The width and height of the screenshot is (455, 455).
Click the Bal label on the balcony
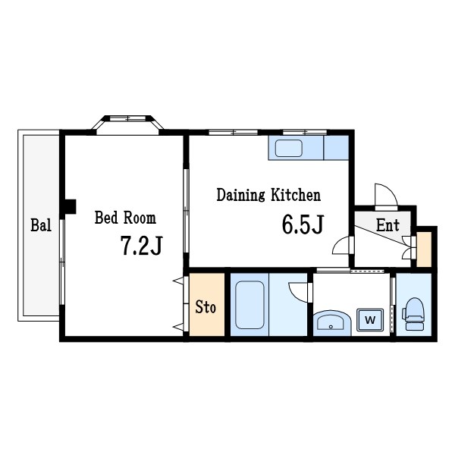(x=41, y=225)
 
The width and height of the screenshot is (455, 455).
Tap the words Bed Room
(x=125, y=218)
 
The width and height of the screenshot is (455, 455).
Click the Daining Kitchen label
(x=268, y=195)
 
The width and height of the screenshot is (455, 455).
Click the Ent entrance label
(x=388, y=224)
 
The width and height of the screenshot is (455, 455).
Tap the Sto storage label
(x=206, y=307)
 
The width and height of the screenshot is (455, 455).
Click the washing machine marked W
(x=370, y=320)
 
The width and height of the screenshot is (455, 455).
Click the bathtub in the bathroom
(x=249, y=305)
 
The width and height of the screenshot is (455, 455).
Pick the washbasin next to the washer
(x=331, y=322)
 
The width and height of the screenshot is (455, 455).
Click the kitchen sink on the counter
(x=288, y=147)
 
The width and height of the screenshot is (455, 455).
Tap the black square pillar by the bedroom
(x=70, y=206)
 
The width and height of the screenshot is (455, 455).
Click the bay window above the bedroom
(x=128, y=122)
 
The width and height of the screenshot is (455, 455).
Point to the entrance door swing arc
(x=383, y=195)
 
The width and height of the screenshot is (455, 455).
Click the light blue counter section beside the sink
(x=337, y=147)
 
